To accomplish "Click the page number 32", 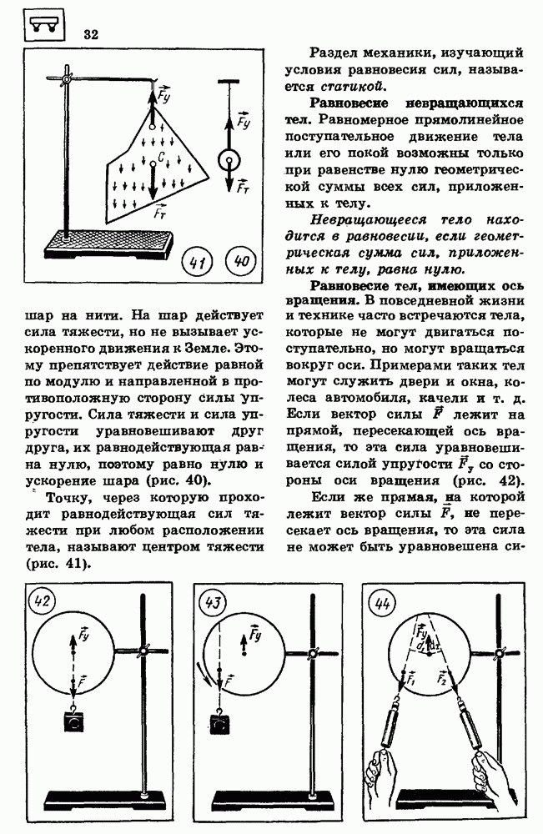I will pyautogui.click(x=91, y=34).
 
